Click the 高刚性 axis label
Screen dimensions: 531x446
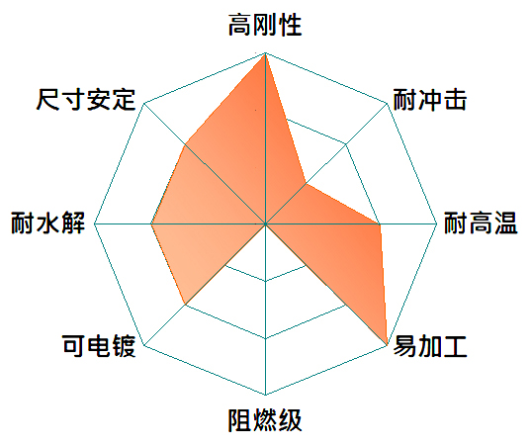pos(265,25)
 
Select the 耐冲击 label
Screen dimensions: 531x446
pos(430,100)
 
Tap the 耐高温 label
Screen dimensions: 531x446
pos(481,223)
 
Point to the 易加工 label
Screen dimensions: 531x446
pos(430,346)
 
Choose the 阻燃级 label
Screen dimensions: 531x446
pos(265,420)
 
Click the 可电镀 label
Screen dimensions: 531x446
pos(99,346)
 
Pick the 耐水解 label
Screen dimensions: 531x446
pos(47,223)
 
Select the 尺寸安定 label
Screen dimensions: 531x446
pos(86,99)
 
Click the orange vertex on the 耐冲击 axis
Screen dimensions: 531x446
pos(306,184)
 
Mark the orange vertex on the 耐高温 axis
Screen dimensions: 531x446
pos(380,224)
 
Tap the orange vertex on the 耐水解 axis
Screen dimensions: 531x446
pos(151,224)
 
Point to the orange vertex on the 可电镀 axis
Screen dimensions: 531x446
pos(185,305)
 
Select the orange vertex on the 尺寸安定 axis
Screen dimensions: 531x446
pos(185,144)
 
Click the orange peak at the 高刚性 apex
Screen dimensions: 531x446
pos(265,53)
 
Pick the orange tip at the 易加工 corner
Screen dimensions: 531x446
pos(387,345)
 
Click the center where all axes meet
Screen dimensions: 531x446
pos(265,224)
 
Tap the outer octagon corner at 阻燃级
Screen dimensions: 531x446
pos(265,395)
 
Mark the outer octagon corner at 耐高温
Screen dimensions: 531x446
pos(437,224)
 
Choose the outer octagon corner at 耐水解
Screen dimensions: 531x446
pos(94,224)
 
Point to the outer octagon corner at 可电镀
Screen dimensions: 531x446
pos(144,345)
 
